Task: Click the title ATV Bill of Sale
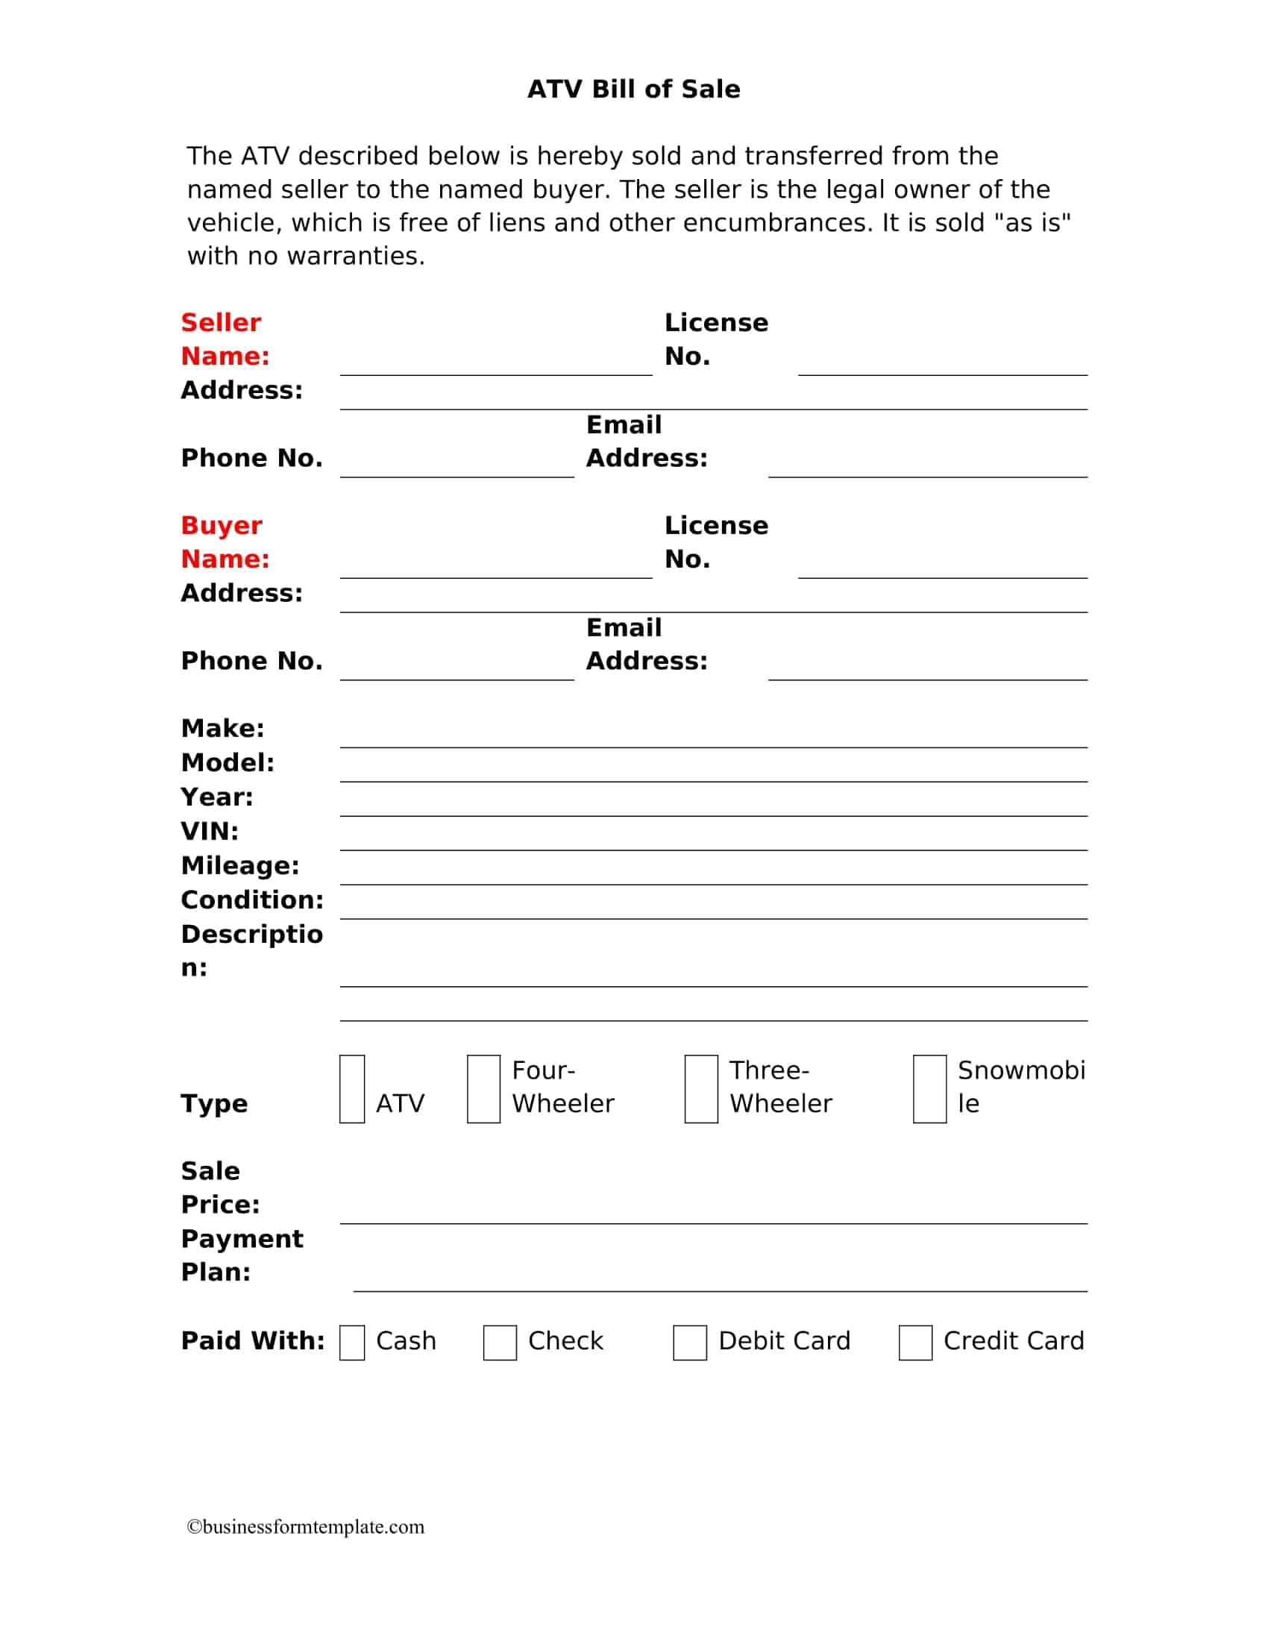(x=633, y=90)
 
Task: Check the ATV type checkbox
(x=351, y=1089)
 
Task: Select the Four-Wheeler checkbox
(x=483, y=1089)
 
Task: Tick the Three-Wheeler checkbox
(x=701, y=1089)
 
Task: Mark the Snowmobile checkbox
(x=929, y=1089)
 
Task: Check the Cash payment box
(x=351, y=1343)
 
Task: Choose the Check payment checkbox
(x=500, y=1343)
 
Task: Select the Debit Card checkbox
(x=690, y=1343)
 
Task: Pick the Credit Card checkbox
(x=915, y=1343)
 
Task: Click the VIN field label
(x=210, y=831)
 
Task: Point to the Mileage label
(x=239, y=865)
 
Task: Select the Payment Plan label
(x=242, y=1255)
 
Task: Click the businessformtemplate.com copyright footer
(x=306, y=1527)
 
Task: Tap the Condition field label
(x=251, y=900)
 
